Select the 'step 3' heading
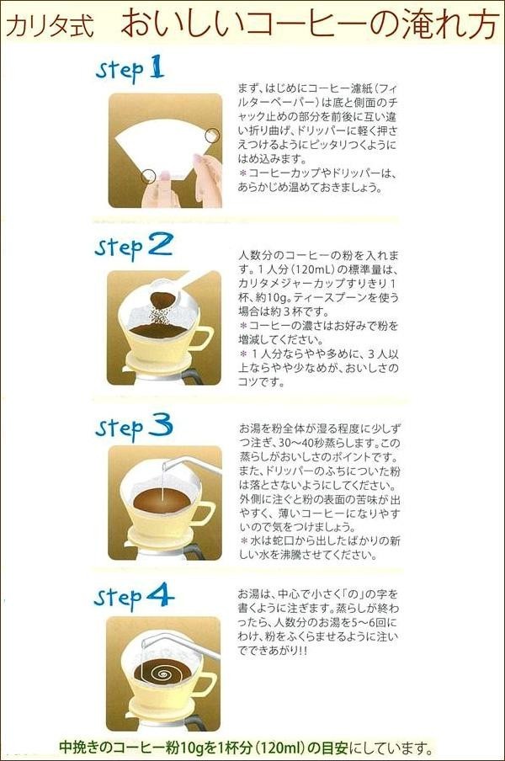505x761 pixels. pos(134,426)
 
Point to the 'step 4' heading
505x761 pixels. pos(134,597)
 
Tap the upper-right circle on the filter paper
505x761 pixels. pos(212,136)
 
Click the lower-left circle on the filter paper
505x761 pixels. pos(148,176)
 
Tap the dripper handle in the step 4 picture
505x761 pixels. pos(203,684)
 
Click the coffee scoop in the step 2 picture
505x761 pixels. pos(173,290)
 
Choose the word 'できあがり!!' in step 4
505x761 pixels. pos(273,651)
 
